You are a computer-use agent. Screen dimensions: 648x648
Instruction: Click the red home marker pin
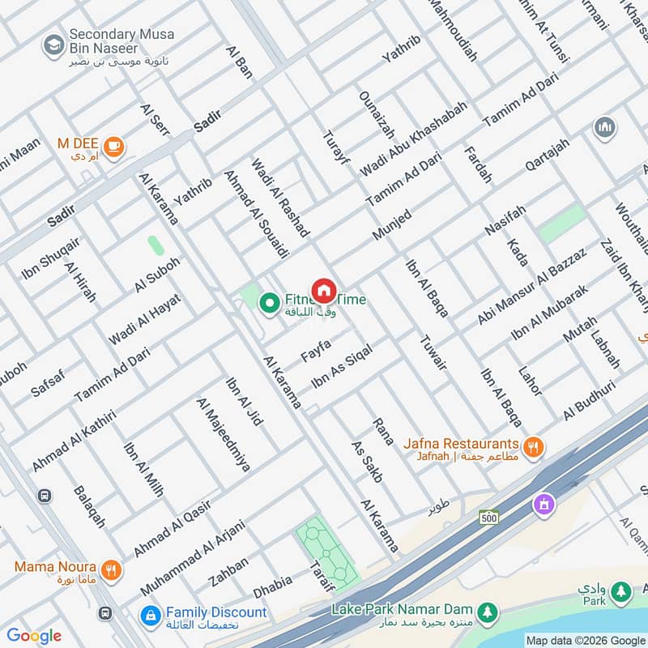coord(323,291)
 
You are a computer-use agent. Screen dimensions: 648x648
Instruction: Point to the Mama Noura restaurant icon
coord(112,568)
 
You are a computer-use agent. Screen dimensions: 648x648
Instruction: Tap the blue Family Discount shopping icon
coord(149,615)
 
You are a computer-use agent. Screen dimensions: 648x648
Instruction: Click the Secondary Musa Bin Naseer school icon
coord(54,44)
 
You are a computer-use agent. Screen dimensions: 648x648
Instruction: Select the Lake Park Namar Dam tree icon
coord(486,610)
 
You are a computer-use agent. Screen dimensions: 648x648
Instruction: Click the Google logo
coord(34,636)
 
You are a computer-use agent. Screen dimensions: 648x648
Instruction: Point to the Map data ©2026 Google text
coord(585,639)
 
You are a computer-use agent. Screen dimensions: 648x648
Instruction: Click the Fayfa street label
coord(316,350)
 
